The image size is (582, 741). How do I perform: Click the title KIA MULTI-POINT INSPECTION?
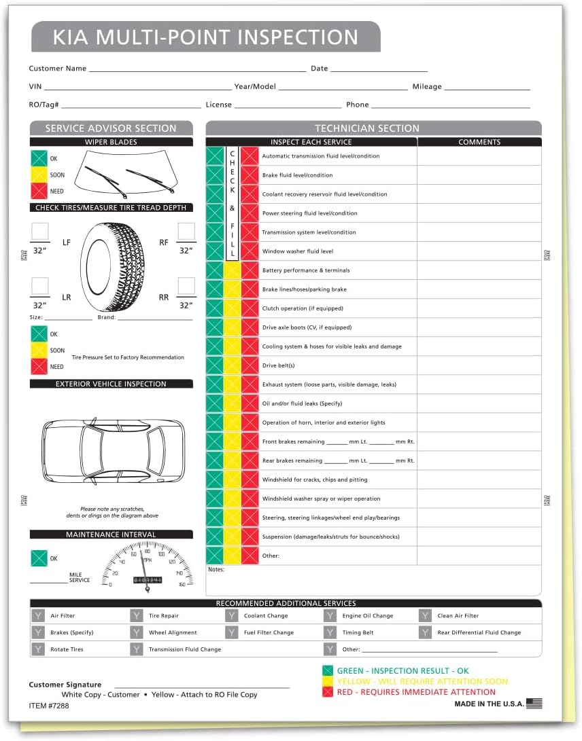click(x=205, y=37)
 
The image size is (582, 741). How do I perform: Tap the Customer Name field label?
click(x=58, y=69)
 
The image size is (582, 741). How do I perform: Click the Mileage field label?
click(x=427, y=87)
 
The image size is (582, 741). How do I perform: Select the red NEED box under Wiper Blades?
click(x=39, y=192)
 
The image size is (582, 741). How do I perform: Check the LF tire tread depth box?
click(x=41, y=232)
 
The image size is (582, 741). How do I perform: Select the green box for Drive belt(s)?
click(x=215, y=365)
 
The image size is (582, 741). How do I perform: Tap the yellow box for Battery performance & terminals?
click(x=233, y=270)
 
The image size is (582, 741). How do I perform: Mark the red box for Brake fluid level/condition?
click(x=250, y=175)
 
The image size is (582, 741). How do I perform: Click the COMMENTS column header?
click(x=479, y=142)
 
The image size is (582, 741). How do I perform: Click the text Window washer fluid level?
click(x=298, y=251)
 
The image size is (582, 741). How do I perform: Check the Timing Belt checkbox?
click(x=330, y=632)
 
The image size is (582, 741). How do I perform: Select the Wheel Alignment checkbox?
click(x=137, y=632)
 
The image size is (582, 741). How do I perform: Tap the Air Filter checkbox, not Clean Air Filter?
click(x=38, y=616)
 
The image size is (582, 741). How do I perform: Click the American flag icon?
click(x=534, y=704)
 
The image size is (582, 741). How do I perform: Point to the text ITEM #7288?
click(x=49, y=706)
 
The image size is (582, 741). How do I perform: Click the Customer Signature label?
click(x=65, y=685)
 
